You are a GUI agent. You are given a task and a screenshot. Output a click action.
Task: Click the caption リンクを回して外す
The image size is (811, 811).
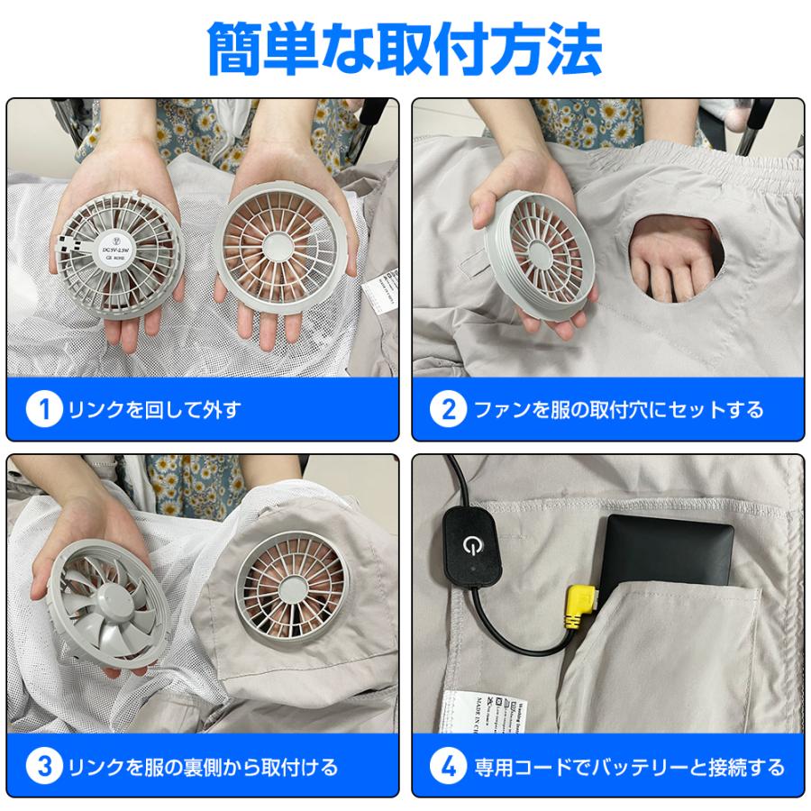[x=154, y=411]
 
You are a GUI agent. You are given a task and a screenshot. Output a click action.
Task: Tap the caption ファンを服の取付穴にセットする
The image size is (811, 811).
[x=618, y=411]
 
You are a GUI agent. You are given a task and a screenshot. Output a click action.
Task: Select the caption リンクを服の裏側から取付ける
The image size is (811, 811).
[x=203, y=767]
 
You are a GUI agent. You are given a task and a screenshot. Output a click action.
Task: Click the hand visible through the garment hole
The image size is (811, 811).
[x=671, y=257]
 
